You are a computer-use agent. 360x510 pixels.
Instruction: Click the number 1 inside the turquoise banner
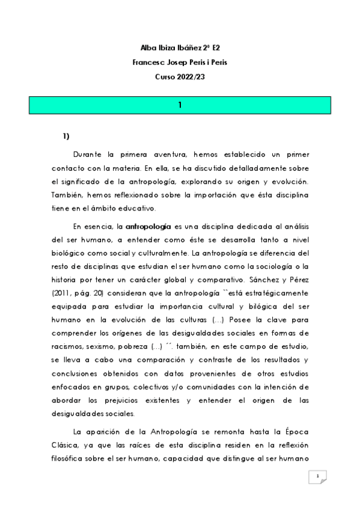180,105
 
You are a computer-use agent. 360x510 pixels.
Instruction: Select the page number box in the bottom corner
317,477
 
